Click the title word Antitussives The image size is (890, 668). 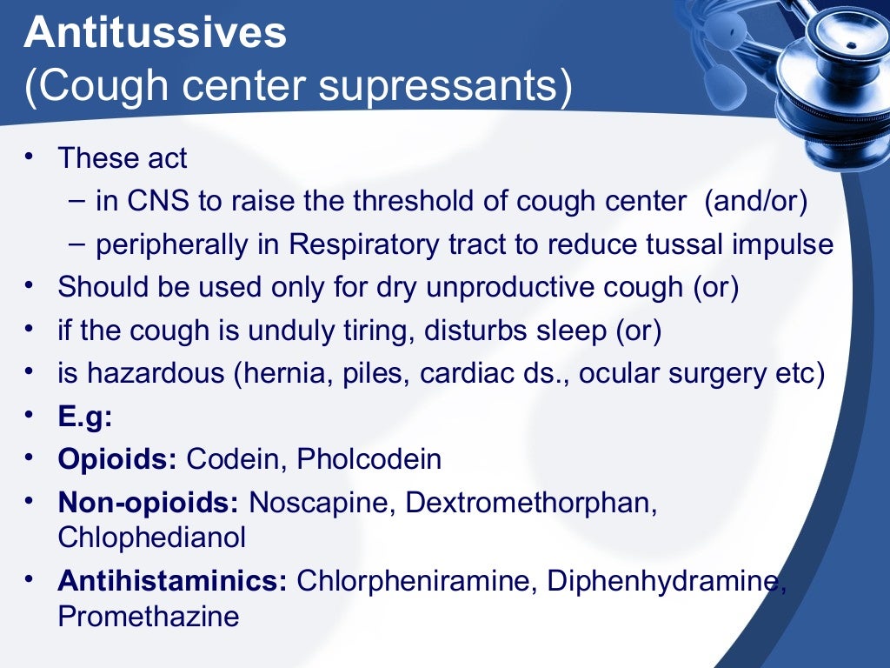[x=155, y=34]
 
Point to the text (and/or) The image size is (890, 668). [x=756, y=203]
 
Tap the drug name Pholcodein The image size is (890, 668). [x=369, y=458]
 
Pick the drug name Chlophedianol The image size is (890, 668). [x=151, y=538]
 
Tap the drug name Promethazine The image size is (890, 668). [x=148, y=616]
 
